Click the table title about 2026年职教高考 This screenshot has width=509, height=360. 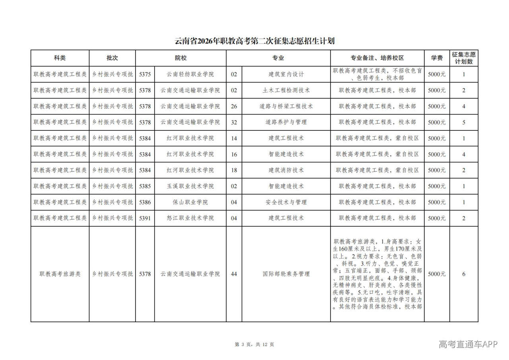point(254,41)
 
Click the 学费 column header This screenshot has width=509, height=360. point(437,58)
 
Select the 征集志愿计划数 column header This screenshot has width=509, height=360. point(464,58)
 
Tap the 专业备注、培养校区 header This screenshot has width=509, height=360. point(377,58)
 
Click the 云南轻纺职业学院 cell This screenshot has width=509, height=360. point(190,74)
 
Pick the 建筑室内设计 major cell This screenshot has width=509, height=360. point(286,74)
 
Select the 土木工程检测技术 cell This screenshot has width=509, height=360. point(286,90)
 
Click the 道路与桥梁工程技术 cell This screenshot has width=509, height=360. point(286,106)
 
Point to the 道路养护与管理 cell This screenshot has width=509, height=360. point(286,122)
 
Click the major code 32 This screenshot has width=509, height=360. point(234,122)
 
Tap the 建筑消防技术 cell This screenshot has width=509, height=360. point(286,170)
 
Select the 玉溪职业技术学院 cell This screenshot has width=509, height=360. point(190,186)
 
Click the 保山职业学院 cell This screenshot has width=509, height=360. point(190,202)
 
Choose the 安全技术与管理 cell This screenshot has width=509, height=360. point(286,202)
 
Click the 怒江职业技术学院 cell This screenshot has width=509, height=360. point(190,218)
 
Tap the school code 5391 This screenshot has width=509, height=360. point(145,218)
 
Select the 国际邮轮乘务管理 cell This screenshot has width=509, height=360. point(286,274)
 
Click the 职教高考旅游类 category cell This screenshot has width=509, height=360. point(60,274)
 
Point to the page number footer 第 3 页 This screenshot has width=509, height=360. point(254,344)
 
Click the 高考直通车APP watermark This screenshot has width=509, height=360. point(468,344)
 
